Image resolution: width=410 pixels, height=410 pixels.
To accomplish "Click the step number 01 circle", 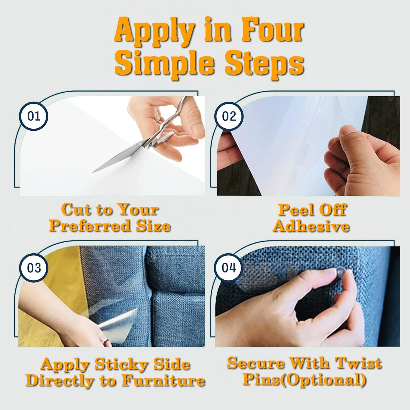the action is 34,117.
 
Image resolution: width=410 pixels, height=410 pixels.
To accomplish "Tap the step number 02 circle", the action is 229,117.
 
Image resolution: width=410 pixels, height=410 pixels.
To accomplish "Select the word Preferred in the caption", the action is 87,226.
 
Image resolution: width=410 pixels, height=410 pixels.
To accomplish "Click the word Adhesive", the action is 312,226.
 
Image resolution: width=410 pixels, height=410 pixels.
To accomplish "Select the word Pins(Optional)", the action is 304,380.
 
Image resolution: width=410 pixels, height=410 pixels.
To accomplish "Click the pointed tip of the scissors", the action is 93,172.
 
